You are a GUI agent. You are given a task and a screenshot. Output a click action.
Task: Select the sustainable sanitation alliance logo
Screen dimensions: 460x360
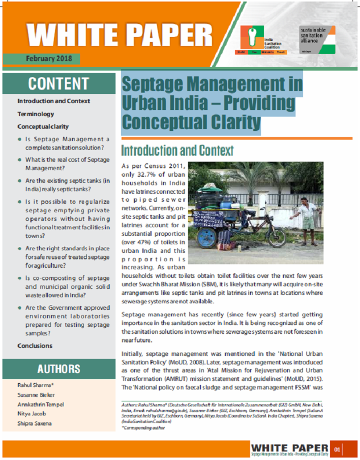[317, 41]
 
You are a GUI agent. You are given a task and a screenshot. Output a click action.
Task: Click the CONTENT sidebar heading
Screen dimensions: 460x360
[58, 83]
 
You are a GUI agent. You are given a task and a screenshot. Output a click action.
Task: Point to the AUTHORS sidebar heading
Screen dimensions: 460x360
[58, 369]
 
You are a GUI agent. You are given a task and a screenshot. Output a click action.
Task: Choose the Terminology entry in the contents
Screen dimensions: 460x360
[35, 114]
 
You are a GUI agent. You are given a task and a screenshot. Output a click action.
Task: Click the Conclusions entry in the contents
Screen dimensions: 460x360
[35, 346]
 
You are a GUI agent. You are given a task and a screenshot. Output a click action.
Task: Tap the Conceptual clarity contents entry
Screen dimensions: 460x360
[43, 127]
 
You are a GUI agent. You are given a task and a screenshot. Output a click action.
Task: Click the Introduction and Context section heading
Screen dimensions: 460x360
[177, 150]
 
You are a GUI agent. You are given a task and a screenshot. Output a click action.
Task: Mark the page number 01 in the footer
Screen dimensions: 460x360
[337, 449]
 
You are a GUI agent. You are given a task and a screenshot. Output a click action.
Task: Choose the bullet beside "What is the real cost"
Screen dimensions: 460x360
[19, 160]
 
